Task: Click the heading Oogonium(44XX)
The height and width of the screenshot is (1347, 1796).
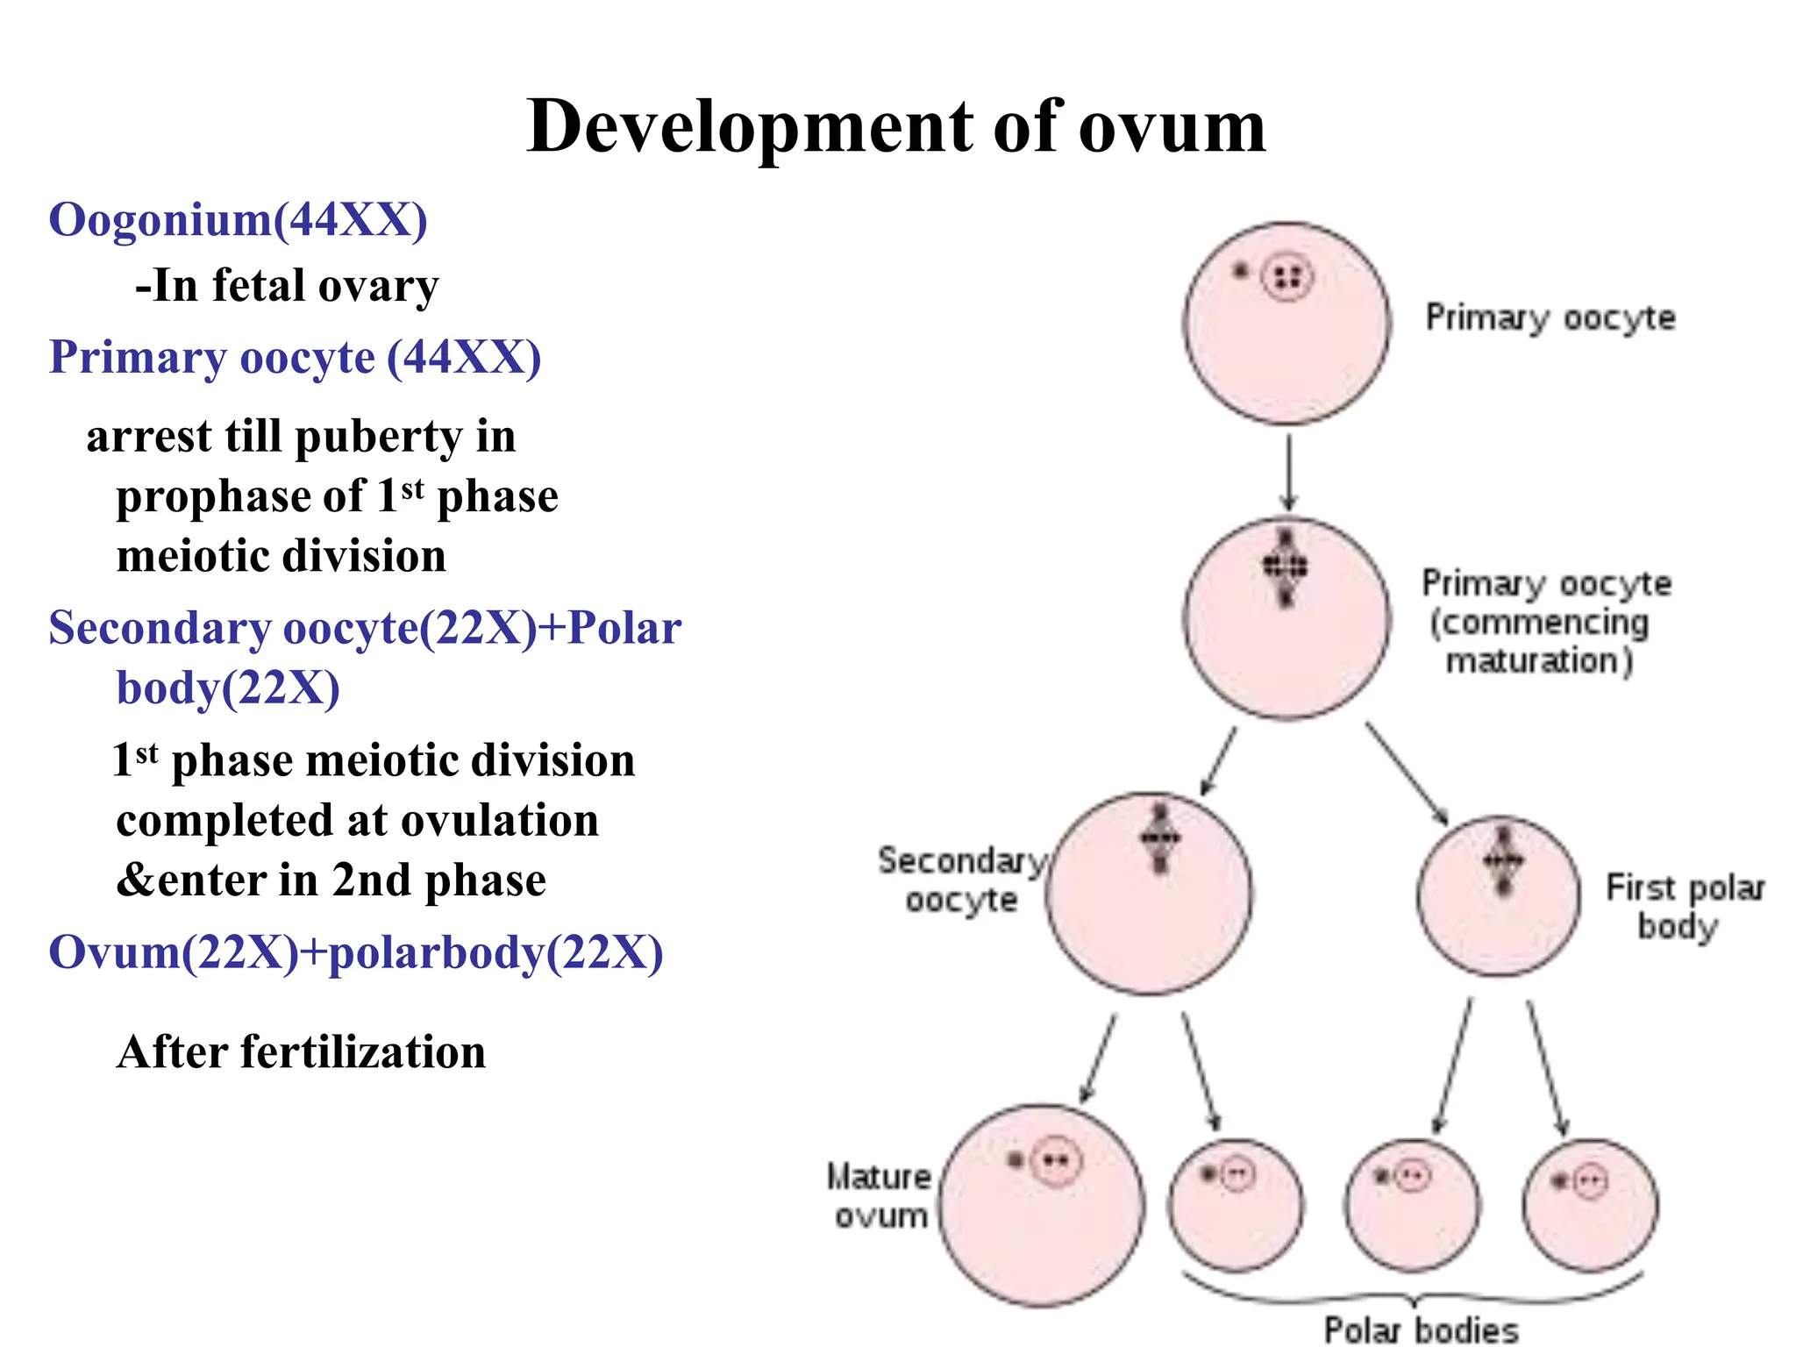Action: pos(238,219)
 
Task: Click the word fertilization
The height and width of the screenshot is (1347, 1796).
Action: pos(363,1051)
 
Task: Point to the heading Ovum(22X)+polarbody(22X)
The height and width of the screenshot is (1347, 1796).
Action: pos(355,952)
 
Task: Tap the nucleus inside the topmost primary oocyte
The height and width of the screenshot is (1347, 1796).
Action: pos(1287,279)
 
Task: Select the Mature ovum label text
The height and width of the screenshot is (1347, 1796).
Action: pos(880,1196)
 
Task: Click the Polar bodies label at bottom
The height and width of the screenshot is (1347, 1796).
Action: pos(1420,1329)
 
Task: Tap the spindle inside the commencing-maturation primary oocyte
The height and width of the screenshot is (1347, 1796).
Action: pos(1286,567)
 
